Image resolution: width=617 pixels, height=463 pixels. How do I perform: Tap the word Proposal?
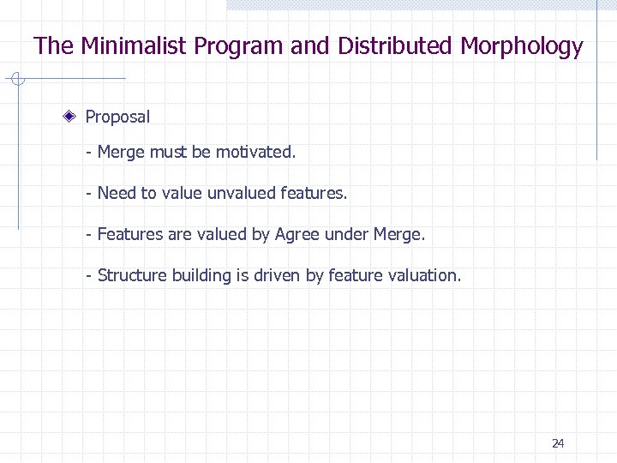pyautogui.click(x=117, y=117)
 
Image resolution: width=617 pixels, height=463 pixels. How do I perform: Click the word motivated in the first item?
pyautogui.click(x=255, y=153)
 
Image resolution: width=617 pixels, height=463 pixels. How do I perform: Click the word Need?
pyautogui.click(x=117, y=194)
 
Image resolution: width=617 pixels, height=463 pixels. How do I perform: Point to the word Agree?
pyautogui.click(x=297, y=234)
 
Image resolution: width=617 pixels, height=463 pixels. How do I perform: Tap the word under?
pyautogui.click(x=346, y=234)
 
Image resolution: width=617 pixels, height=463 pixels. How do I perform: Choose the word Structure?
pyautogui.click(x=132, y=275)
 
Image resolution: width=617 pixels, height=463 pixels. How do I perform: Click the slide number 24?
pyautogui.click(x=558, y=443)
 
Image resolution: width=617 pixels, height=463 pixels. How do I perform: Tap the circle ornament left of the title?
pyautogui.click(x=19, y=81)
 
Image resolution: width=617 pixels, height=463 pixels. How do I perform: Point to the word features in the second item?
pyautogui.click(x=314, y=194)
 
